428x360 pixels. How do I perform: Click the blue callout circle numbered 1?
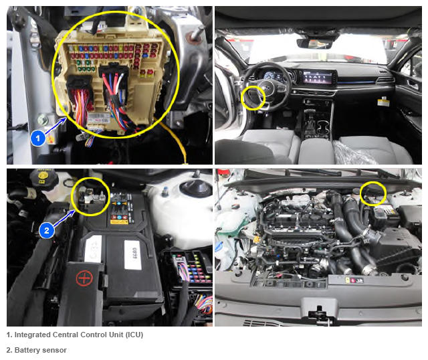coord(38,139)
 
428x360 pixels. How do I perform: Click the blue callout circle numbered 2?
coord(46,230)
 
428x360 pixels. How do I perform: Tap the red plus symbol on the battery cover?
coord(84,278)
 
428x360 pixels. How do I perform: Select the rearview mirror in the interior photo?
coord(314,43)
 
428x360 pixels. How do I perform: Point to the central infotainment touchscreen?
coord(316,76)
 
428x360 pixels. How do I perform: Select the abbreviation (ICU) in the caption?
coord(134,335)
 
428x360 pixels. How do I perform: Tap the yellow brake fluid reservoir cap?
coord(43,177)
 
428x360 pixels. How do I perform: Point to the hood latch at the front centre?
coord(318,312)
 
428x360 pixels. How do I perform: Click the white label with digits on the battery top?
coord(133,255)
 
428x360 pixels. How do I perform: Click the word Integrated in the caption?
coord(32,335)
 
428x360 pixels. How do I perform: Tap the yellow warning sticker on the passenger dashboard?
coord(382,101)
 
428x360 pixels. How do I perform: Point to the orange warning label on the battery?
coord(119,222)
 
